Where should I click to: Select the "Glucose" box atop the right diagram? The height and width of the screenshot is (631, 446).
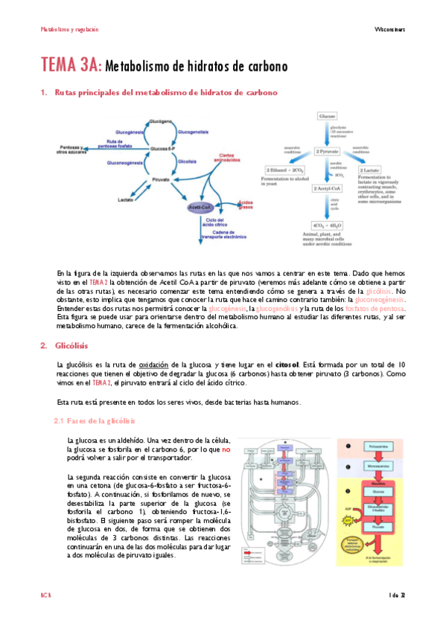328,117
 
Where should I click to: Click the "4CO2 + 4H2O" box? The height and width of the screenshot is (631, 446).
328,225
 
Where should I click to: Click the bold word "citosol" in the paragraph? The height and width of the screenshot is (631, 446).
287,364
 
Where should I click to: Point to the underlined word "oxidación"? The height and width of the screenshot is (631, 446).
155,364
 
